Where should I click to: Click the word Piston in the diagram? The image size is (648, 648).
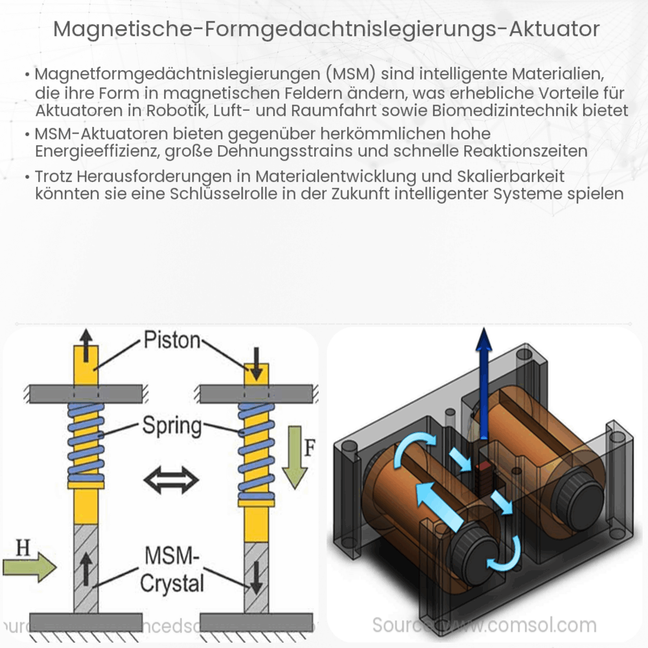point(172,341)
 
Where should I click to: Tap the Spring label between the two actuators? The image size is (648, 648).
point(172,427)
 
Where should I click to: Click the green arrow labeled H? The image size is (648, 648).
point(29,568)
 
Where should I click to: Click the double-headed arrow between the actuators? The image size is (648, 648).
point(172,480)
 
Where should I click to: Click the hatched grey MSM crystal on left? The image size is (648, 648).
point(86,567)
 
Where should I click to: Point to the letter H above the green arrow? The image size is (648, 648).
point(23,548)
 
